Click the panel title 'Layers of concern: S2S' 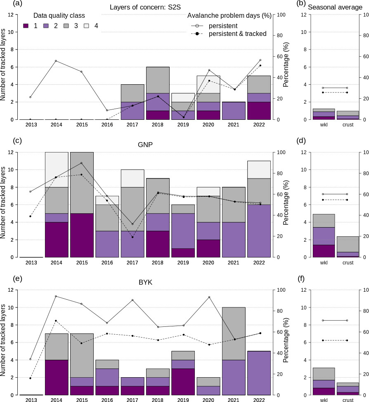point(145,7)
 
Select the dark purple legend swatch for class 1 point(26,26)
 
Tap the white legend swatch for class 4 point(87,26)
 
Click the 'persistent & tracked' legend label point(237,33)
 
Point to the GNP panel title point(145,145)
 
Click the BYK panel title point(145,283)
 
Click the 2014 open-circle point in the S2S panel point(56,61)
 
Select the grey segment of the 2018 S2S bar point(158,80)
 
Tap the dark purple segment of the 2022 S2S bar point(259,111)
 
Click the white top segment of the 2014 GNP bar point(56,169)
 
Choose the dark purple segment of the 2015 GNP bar point(82,235)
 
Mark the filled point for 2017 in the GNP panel point(132,237)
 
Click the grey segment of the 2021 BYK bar point(234,333)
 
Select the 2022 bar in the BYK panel point(259,373)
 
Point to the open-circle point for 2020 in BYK point(209,297)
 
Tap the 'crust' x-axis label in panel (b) point(348,125)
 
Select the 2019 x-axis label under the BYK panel point(183,400)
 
